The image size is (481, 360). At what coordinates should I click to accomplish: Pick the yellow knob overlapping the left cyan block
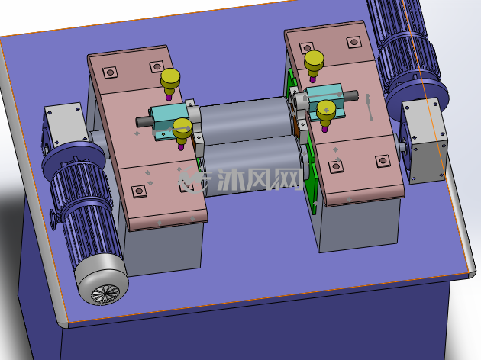182,133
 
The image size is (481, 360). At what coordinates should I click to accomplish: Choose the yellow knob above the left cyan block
170,83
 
